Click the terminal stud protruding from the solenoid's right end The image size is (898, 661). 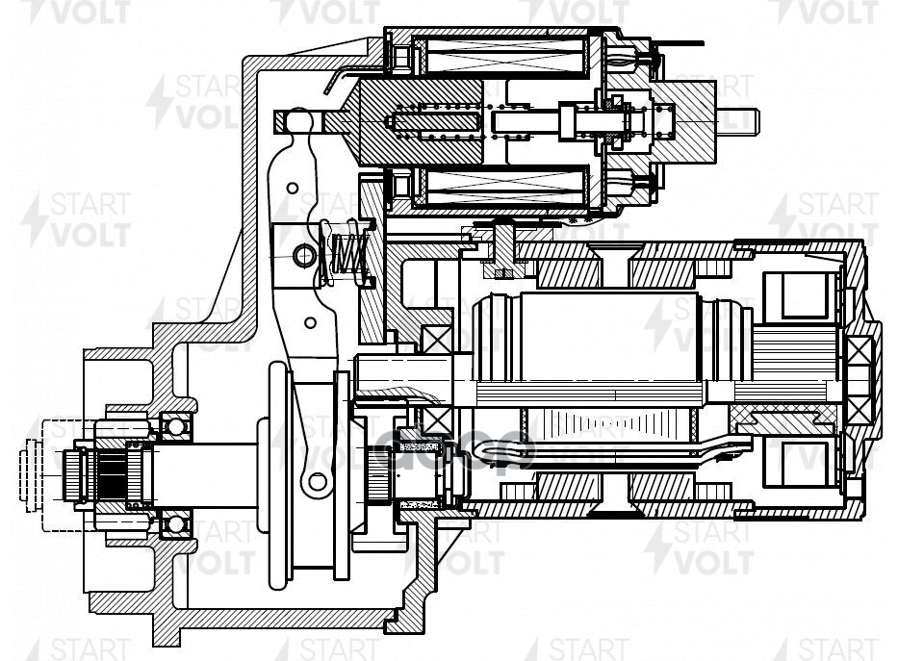741,122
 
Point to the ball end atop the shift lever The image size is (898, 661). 299,120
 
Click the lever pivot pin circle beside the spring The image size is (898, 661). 304,255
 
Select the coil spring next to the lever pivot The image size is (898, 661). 347,252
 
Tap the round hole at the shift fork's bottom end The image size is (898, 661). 313,481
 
